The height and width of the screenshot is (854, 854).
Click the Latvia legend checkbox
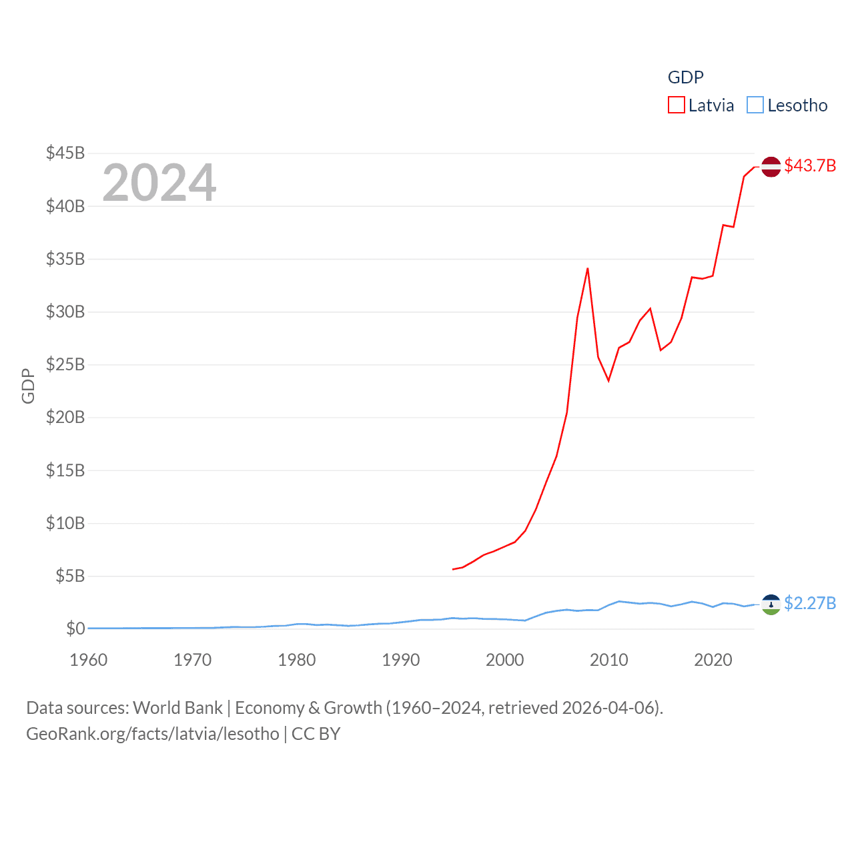[x=677, y=105]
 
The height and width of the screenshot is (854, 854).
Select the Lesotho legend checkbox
[x=755, y=105]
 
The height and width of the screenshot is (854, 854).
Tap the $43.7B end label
[x=810, y=165]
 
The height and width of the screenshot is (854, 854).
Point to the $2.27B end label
[x=810, y=603]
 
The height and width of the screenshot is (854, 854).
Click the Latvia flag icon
[x=771, y=167]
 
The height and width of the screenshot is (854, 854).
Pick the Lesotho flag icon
[x=771, y=604]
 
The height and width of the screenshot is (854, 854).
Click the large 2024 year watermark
[x=159, y=183]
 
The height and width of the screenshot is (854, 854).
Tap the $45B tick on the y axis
[x=65, y=153]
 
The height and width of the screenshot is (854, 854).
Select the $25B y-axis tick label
[x=65, y=364]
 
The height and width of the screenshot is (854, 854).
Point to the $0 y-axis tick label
[x=75, y=628]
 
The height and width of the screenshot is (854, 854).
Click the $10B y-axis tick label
[x=65, y=523]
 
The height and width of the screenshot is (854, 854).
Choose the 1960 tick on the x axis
[x=89, y=660]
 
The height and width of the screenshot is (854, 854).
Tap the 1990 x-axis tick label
[x=401, y=660]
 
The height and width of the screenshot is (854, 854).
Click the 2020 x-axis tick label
[x=713, y=660]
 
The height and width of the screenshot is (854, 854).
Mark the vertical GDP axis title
[x=28, y=386]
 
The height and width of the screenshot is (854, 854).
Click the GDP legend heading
[x=686, y=77]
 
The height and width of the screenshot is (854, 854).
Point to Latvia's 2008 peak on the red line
[x=587, y=268]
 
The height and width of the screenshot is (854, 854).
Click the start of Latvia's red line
[x=453, y=569]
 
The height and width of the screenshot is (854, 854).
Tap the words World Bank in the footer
[x=178, y=708]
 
